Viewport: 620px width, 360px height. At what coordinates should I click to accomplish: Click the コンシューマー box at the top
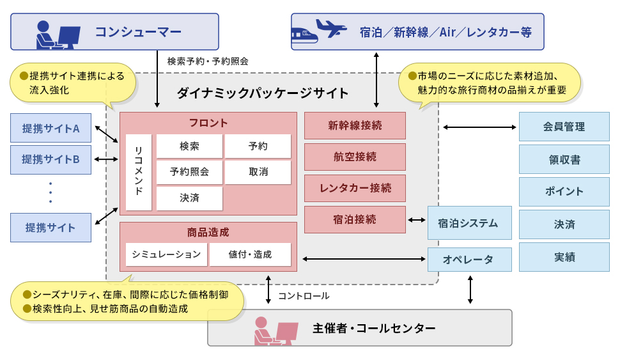(x=115, y=32)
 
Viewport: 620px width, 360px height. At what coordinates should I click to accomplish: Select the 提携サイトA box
(x=50, y=128)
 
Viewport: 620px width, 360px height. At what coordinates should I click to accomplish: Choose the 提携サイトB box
(x=50, y=159)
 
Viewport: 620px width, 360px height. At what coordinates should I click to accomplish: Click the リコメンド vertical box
(x=139, y=172)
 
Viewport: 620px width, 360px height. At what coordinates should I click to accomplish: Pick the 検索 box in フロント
(x=190, y=146)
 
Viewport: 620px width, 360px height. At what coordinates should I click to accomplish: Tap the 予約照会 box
(x=190, y=172)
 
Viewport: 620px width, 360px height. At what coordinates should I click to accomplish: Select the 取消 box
(x=258, y=172)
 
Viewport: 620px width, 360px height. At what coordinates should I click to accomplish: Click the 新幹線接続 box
(x=355, y=126)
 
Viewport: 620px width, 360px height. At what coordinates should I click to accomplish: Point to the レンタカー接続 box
(x=355, y=188)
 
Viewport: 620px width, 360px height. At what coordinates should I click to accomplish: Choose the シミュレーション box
(x=166, y=254)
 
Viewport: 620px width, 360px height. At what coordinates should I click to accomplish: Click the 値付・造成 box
(x=250, y=254)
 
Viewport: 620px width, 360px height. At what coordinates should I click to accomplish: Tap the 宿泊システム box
(x=469, y=223)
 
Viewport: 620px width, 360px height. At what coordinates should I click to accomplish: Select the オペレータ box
(x=469, y=259)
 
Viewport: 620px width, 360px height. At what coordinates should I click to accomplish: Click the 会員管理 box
(x=564, y=127)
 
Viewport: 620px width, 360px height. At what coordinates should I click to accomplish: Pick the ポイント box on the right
(x=564, y=191)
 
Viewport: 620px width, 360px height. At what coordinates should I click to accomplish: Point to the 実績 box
(x=564, y=257)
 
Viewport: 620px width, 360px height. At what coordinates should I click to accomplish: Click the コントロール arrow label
(x=304, y=296)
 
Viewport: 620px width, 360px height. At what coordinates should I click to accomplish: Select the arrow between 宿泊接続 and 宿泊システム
(x=417, y=220)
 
